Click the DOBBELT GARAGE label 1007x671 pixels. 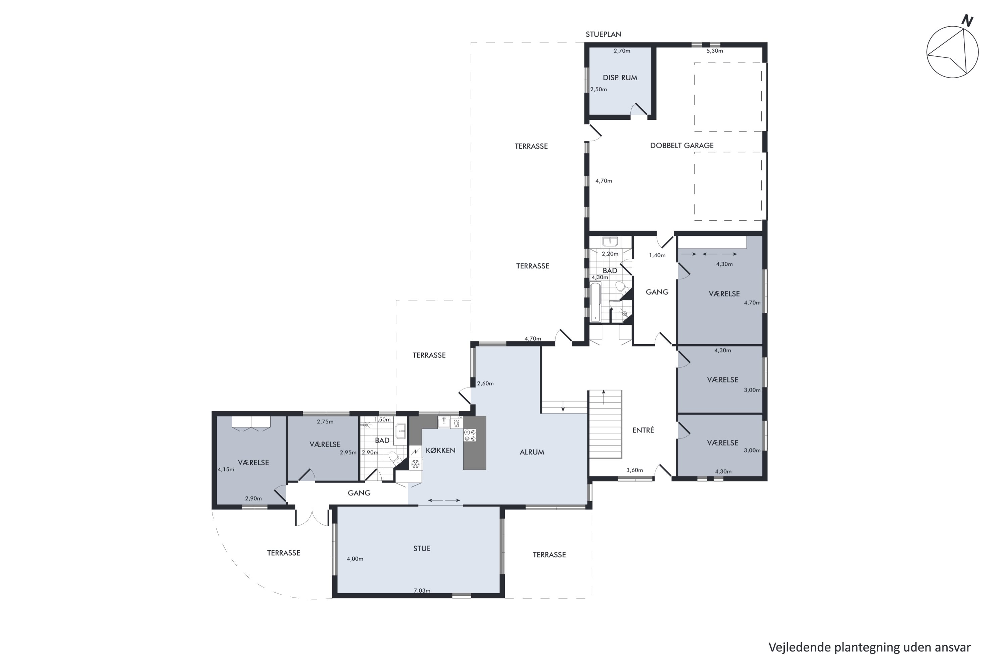pos(682,146)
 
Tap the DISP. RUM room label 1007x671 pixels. pos(620,78)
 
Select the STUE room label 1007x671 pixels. pos(422,548)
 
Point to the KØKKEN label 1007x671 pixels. pos(440,450)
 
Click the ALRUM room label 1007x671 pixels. pos(532,452)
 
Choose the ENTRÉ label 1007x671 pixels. pos(643,430)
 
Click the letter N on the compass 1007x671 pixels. pos(967,20)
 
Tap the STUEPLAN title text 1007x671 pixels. pos(603,34)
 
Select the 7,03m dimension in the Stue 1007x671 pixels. pos(422,590)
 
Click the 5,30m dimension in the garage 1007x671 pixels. pos(715,51)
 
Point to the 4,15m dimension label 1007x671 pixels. pos(226,469)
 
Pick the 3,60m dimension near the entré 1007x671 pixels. pos(634,470)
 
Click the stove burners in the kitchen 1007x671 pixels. pos(470,435)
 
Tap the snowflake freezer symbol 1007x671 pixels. pos(415,464)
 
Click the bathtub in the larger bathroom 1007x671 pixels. pos(595,302)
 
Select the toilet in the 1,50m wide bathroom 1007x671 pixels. pos(395,459)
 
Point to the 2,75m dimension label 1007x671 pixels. pos(325,421)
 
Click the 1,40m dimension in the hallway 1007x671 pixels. pos(657,255)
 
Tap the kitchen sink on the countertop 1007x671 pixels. pos(443,422)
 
